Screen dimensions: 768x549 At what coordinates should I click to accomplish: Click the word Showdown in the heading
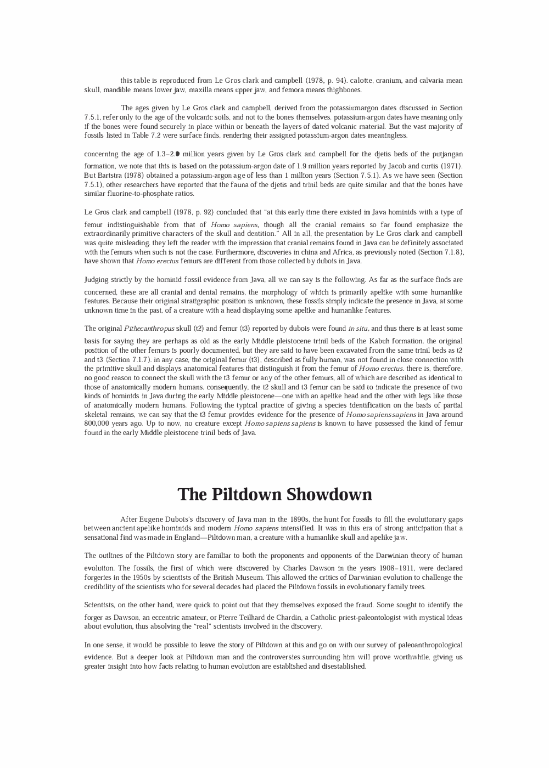tap(327, 494)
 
